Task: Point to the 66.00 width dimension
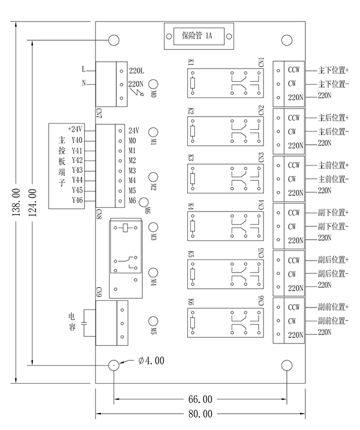point(200,399)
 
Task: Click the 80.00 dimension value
point(200,414)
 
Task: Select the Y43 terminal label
point(77,170)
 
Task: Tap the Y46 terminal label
point(77,200)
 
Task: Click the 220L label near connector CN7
point(136,71)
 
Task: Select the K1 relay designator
point(190,62)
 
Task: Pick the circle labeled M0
point(154,85)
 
